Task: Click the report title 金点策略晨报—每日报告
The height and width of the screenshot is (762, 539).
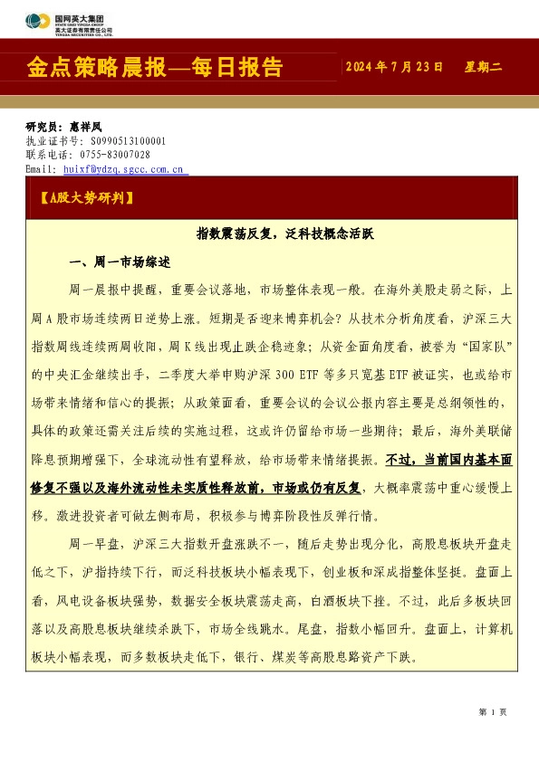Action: [x=155, y=68]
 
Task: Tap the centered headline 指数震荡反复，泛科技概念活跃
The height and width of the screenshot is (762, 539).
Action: [x=285, y=233]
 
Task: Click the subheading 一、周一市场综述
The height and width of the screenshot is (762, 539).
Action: [x=120, y=262]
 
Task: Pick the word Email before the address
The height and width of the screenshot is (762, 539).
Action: [x=41, y=168]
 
